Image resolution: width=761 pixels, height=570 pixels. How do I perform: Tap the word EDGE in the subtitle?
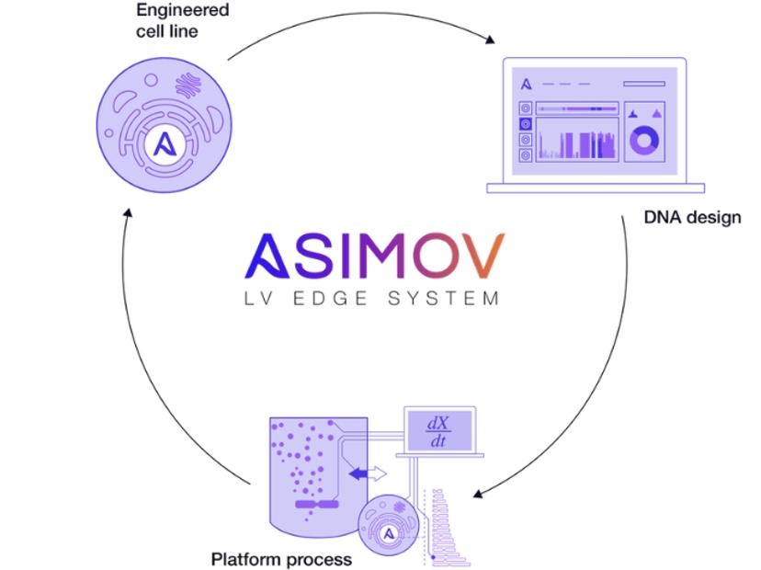(x=358, y=298)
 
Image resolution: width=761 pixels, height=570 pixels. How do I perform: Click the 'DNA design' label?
(x=690, y=218)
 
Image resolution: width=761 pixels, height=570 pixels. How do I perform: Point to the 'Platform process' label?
(x=281, y=559)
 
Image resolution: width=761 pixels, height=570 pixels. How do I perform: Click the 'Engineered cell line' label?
(x=170, y=21)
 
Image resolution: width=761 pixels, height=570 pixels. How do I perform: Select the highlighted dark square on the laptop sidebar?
(x=525, y=123)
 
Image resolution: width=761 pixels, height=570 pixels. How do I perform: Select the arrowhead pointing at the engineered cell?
(x=128, y=213)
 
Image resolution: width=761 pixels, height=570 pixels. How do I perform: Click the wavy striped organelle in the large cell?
(x=188, y=87)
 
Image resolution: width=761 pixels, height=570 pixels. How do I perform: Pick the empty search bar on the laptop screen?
(x=643, y=84)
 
